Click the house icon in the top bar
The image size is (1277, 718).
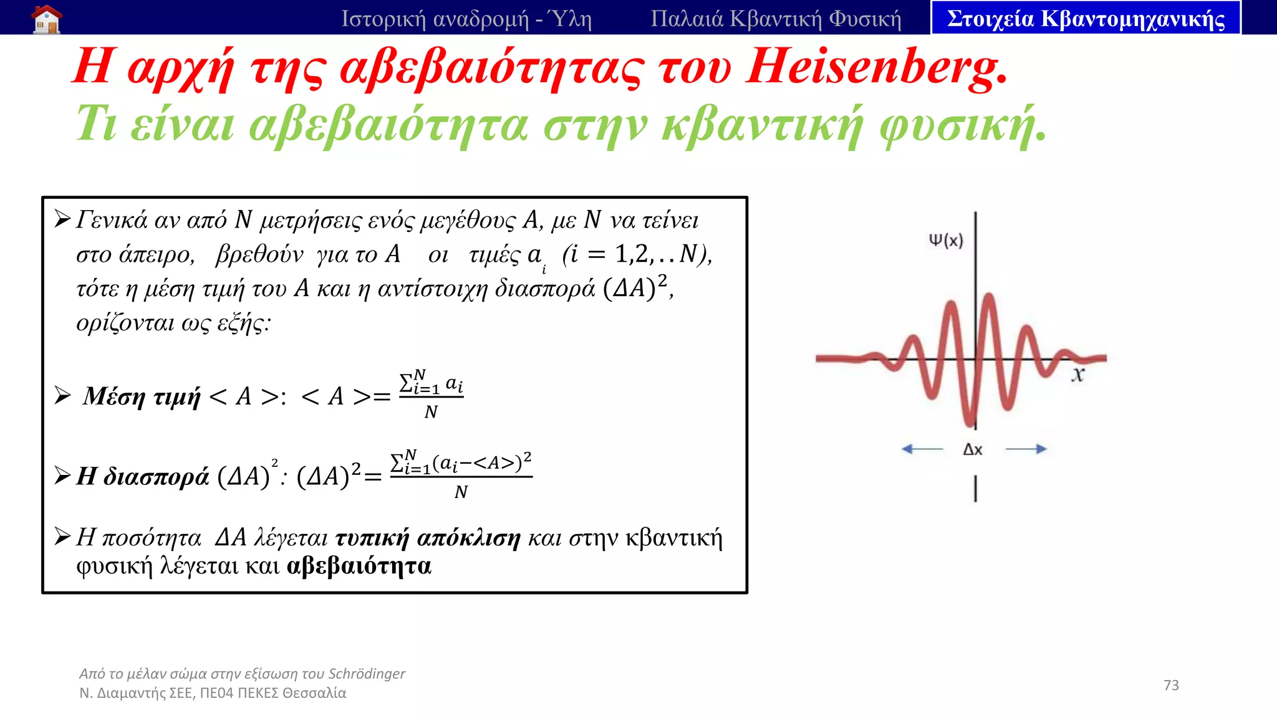click(47, 19)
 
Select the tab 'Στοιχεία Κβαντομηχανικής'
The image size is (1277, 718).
click(1086, 19)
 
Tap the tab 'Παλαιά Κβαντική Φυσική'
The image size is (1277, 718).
click(776, 19)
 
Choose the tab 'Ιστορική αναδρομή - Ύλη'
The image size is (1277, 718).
click(466, 19)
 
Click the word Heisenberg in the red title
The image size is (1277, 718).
click(877, 67)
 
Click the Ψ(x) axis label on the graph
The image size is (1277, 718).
click(945, 240)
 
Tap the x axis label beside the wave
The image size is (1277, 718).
click(1078, 375)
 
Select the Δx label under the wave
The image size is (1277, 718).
click(973, 449)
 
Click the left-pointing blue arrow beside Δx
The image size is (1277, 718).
click(922, 449)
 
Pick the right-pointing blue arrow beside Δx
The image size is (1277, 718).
click(1026, 449)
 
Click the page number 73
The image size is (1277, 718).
click(1171, 685)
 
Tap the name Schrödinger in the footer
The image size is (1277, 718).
click(367, 674)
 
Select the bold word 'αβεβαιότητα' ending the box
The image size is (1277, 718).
click(359, 566)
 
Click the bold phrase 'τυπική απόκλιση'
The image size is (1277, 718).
click(428, 537)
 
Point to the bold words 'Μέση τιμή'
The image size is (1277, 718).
click(142, 396)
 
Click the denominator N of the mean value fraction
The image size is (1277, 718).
click(431, 412)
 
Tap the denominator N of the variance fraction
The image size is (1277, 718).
click(461, 492)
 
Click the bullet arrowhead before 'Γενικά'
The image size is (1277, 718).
click(62, 219)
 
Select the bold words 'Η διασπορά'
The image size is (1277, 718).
click(142, 476)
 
